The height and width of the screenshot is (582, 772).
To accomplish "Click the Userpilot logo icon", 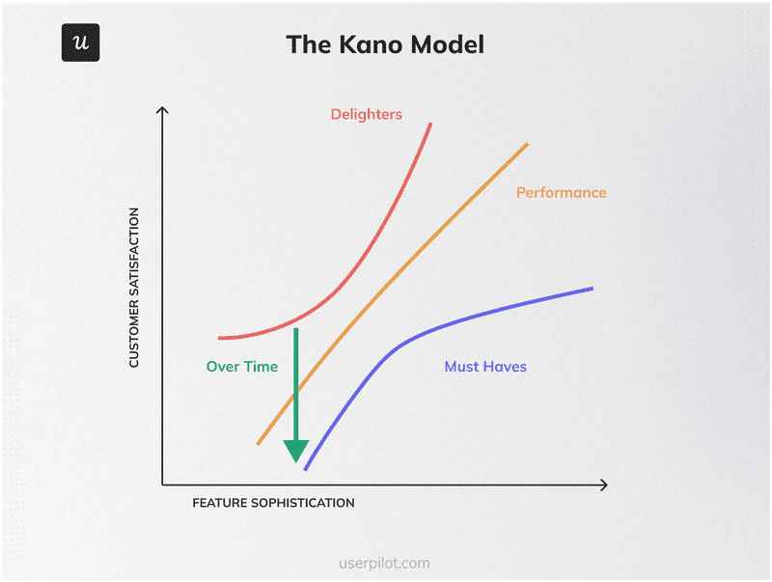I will coord(81,43).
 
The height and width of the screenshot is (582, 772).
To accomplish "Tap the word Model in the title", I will coord(450,44).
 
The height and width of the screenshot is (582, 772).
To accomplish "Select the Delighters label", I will coord(366,114).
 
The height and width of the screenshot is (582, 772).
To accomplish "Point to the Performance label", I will coord(561,192).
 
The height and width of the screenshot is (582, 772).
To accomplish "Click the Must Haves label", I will coord(485,367).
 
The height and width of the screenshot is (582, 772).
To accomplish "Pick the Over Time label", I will coord(241,367).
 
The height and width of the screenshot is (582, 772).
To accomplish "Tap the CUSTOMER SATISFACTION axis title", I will coord(134,287).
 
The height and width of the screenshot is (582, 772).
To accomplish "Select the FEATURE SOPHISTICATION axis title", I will coord(273,503).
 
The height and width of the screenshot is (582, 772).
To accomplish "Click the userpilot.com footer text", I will coord(385,563).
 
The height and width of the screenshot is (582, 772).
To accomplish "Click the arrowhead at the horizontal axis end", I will coord(604,485).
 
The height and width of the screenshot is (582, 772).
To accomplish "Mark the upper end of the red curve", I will coord(430,124).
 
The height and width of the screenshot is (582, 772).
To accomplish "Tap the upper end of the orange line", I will coord(528,143).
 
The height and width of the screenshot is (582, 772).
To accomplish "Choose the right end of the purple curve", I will coord(592,288).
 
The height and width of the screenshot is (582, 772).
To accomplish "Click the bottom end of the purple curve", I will coord(306,470).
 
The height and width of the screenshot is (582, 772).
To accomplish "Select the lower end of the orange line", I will coord(258,444).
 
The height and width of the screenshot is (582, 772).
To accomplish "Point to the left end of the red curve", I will coord(220,338).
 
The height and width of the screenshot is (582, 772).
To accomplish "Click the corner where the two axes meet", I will coord(162,485).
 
